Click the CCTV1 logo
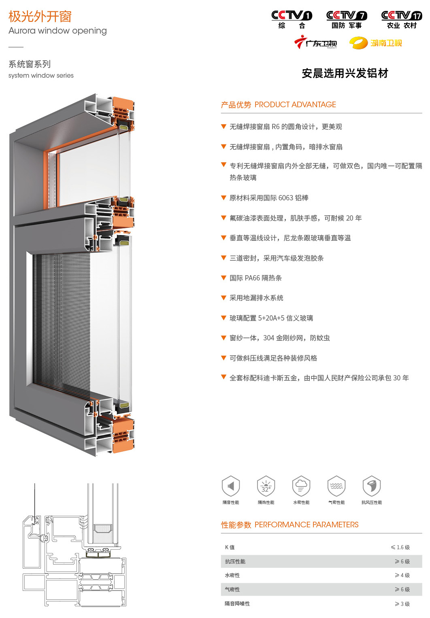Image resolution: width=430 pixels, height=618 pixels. pos(292,19)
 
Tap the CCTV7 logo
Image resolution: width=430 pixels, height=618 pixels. pos(347,19)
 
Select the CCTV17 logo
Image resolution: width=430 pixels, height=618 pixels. pos(402,19)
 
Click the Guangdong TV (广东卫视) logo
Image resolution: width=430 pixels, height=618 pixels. pos(315,42)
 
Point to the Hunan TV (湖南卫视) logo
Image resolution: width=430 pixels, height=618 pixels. pos(375,43)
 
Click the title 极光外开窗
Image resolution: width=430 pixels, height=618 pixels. pos(40,17)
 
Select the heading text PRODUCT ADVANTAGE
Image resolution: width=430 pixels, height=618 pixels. pos(295,104)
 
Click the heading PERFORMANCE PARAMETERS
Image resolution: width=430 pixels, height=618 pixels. pos(307,525)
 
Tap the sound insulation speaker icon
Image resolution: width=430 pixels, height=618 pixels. pos(231,486)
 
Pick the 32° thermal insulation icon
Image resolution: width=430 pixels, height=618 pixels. pos(266,486)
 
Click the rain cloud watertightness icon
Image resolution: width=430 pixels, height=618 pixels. pos(301,486)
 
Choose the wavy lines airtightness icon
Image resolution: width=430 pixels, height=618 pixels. pos(336,486)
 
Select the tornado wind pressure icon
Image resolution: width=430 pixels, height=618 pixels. pos(372,486)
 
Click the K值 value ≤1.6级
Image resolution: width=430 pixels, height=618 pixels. pos(400,547)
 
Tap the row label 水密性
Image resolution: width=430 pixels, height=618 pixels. pos(232,575)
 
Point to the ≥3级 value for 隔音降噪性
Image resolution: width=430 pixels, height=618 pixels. pos(402,604)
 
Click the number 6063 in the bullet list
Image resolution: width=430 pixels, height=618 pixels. pos(286,198)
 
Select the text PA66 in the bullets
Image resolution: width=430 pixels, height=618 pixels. pos(252,278)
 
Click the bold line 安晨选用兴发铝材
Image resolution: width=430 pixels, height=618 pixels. pos(345,73)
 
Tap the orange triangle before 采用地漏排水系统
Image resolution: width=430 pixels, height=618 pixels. pos(224,297)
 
